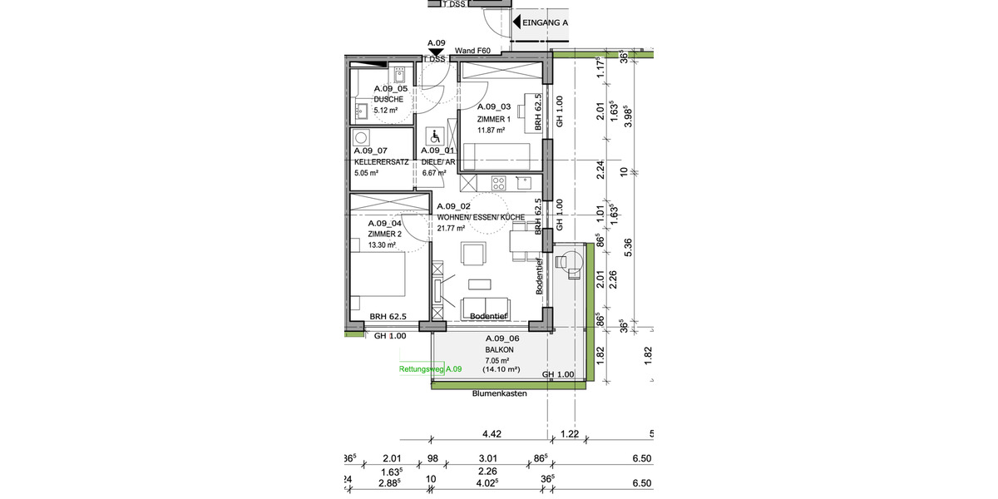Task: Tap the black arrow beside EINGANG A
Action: [516, 23]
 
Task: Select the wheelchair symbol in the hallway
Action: [433, 136]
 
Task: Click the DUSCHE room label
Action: [388, 98]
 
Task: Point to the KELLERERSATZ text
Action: [381, 161]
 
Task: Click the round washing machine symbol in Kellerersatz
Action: [361, 138]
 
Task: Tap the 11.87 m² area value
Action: [491, 130]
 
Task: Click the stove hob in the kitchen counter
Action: [501, 182]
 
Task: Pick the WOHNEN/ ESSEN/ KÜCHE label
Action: [481, 217]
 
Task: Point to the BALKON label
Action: [501, 350]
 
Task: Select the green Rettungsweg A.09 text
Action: [430, 368]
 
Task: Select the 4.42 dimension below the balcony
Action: [492, 433]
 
